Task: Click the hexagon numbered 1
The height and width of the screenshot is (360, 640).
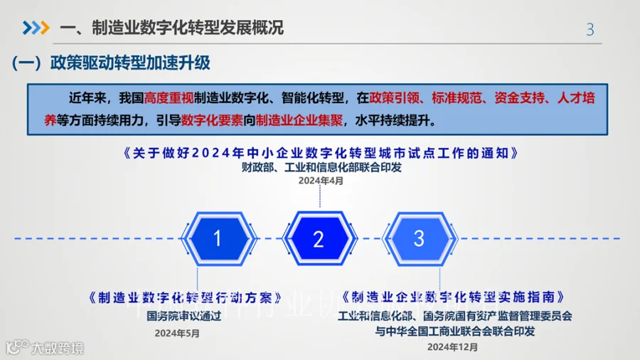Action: (x=218, y=239)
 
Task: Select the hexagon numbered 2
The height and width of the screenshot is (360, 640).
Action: (x=319, y=239)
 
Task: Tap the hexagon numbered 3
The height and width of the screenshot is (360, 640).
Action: (x=419, y=238)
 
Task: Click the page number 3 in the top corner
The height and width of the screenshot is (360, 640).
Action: (x=590, y=29)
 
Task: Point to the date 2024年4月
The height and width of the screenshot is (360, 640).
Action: (x=320, y=181)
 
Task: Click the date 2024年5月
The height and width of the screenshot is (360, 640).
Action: (x=177, y=332)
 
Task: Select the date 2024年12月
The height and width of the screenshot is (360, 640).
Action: (x=453, y=347)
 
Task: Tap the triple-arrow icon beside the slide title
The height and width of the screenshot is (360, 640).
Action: (x=36, y=28)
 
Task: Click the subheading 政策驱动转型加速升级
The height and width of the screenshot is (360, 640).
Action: (x=130, y=63)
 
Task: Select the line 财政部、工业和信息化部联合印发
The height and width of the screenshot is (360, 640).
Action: (x=321, y=167)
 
